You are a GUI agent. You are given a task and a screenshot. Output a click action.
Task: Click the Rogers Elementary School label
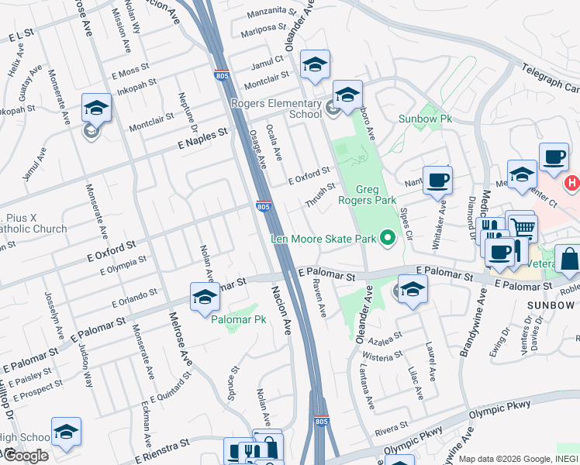click(276, 108)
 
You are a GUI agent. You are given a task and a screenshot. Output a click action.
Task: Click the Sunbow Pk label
click(424, 119)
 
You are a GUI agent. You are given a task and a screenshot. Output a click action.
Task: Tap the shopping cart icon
click(523, 228)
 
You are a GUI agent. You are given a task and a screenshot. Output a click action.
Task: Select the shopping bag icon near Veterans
click(568, 260)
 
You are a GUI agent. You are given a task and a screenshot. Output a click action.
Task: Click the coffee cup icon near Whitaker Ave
click(437, 180)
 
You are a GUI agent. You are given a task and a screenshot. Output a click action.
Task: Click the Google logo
click(25, 455)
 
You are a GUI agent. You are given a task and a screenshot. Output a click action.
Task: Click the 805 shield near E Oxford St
click(264, 207)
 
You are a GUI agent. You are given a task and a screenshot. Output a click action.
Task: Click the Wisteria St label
click(381, 356)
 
